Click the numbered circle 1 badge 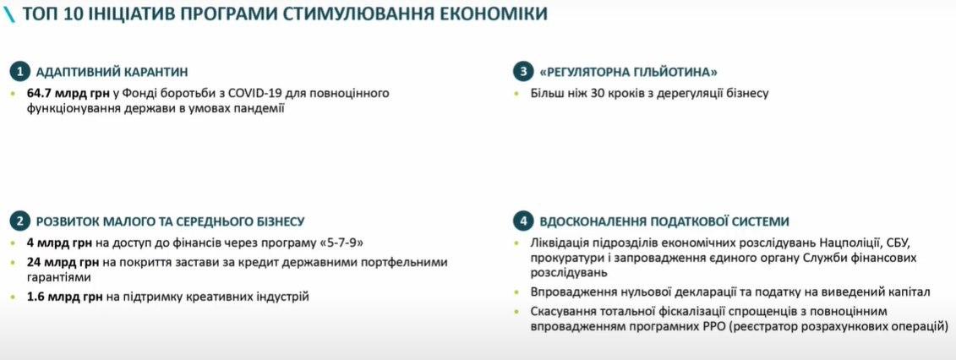(x=20, y=71)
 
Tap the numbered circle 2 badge (x=20, y=221)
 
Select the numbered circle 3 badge (x=525, y=71)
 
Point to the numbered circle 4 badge (x=525, y=221)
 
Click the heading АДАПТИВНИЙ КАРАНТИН (x=112, y=72)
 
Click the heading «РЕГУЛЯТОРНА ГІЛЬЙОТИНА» (x=628, y=72)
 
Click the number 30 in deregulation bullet (x=592, y=93)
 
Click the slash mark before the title (x=8, y=14)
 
